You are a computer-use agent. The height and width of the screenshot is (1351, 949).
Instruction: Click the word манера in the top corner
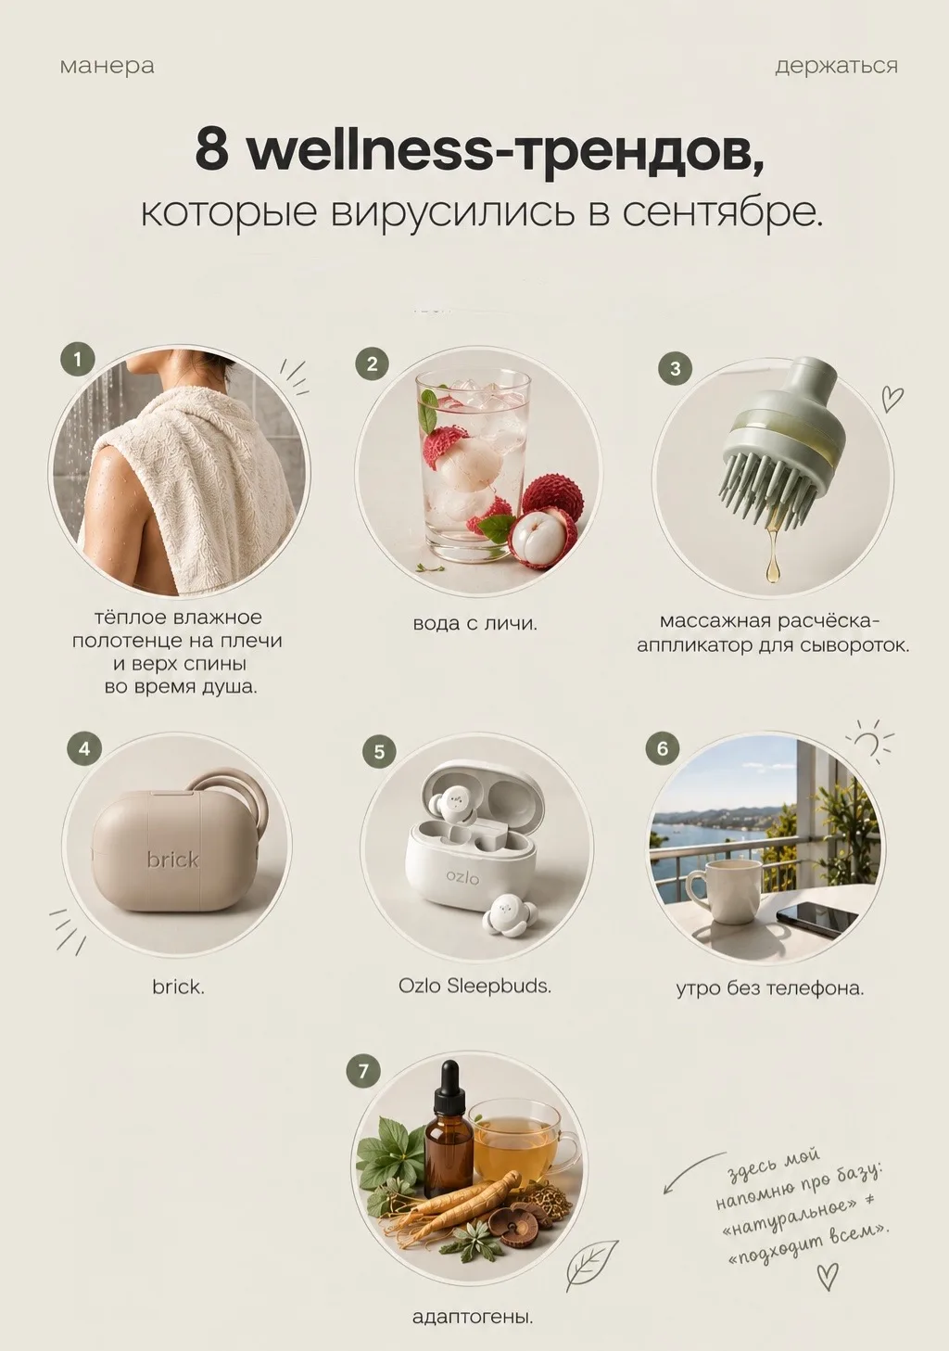point(107,66)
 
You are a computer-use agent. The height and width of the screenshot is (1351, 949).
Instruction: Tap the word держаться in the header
point(836,66)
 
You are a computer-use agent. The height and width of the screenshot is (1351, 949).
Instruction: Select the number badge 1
point(78,360)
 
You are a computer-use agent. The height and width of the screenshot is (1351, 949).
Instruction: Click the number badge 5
point(379,751)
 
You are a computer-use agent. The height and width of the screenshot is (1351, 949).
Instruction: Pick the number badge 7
point(363,1071)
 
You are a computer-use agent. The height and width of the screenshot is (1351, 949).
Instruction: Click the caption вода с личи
point(475,623)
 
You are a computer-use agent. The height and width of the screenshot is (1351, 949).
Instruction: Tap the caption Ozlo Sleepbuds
point(474,986)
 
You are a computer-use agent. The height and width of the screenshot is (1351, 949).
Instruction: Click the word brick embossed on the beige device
point(172,859)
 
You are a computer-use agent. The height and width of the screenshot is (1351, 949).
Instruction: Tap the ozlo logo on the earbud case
point(463,876)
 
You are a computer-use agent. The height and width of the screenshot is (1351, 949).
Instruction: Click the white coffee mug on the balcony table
point(724,897)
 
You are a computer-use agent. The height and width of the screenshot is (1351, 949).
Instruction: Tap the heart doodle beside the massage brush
point(892,398)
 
